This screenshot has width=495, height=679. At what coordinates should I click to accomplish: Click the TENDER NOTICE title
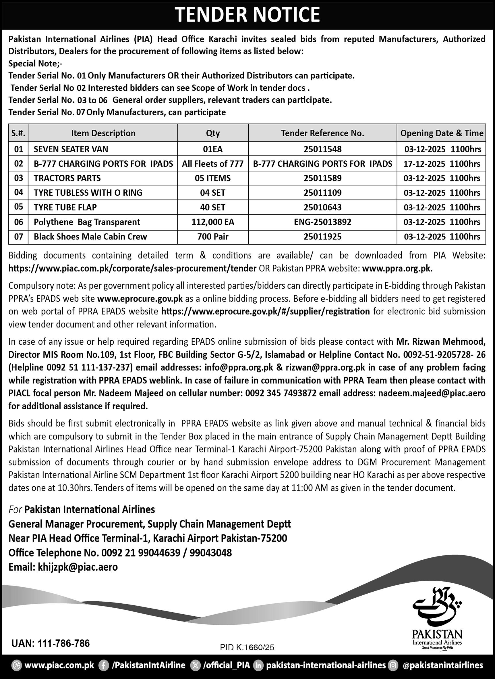tap(247, 14)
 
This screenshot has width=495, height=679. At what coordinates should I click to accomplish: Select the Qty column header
tap(213, 133)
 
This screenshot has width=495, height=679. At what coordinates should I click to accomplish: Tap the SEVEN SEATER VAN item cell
tap(71, 149)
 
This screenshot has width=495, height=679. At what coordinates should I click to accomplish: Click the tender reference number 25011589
tap(322, 178)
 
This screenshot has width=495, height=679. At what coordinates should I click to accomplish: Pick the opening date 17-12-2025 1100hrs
tap(442, 164)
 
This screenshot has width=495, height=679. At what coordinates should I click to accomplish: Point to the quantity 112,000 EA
tap(213, 222)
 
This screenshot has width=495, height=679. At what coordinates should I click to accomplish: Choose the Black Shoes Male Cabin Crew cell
tap(90, 237)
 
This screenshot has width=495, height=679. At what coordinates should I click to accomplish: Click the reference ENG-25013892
tap(322, 222)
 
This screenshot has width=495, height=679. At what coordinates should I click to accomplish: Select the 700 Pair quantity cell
tap(213, 237)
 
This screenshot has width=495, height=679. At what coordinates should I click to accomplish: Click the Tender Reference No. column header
tap(322, 133)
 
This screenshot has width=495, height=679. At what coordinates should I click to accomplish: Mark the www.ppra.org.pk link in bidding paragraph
tap(397, 268)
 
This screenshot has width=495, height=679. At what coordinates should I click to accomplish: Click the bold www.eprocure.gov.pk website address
tap(140, 299)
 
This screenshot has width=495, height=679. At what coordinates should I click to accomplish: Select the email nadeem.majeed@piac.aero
tap(432, 393)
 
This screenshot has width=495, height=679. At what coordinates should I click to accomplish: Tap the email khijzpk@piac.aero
tap(78, 567)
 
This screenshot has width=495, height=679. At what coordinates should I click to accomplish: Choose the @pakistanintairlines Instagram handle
tap(443, 665)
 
